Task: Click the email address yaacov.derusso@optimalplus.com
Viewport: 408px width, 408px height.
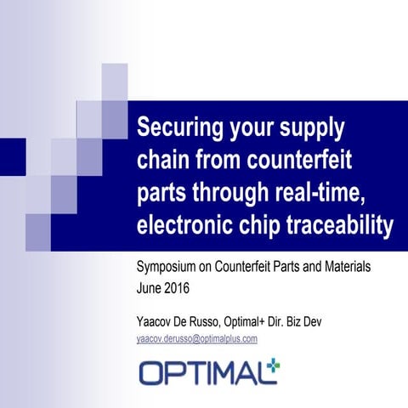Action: click(x=197, y=338)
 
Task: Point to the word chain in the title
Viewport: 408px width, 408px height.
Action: click(x=164, y=160)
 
